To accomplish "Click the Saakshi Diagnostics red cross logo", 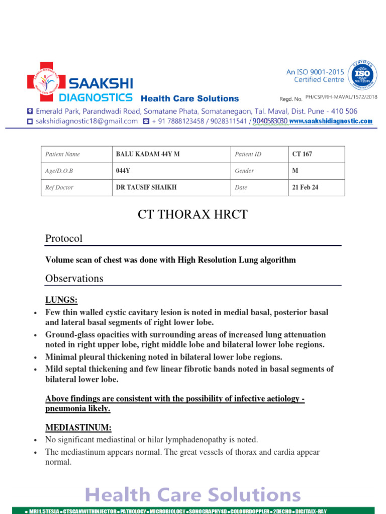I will click(x=46, y=82).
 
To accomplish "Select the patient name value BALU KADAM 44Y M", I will click(x=147, y=154).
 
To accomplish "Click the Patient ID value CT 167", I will click(x=302, y=154).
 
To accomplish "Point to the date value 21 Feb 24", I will click(x=305, y=187).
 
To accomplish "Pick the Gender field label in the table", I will click(x=244, y=171).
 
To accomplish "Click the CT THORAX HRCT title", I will click(x=192, y=214).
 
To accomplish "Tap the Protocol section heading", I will click(x=64, y=238).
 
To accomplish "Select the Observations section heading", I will click(x=74, y=278).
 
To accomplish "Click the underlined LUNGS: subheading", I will click(x=61, y=300).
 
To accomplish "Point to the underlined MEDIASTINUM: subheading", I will click(x=78, y=428).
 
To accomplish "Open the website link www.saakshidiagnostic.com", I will click(x=331, y=121).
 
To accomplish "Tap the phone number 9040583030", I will click(x=270, y=121).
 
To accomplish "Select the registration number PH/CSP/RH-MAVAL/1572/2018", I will click(x=341, y=97).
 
